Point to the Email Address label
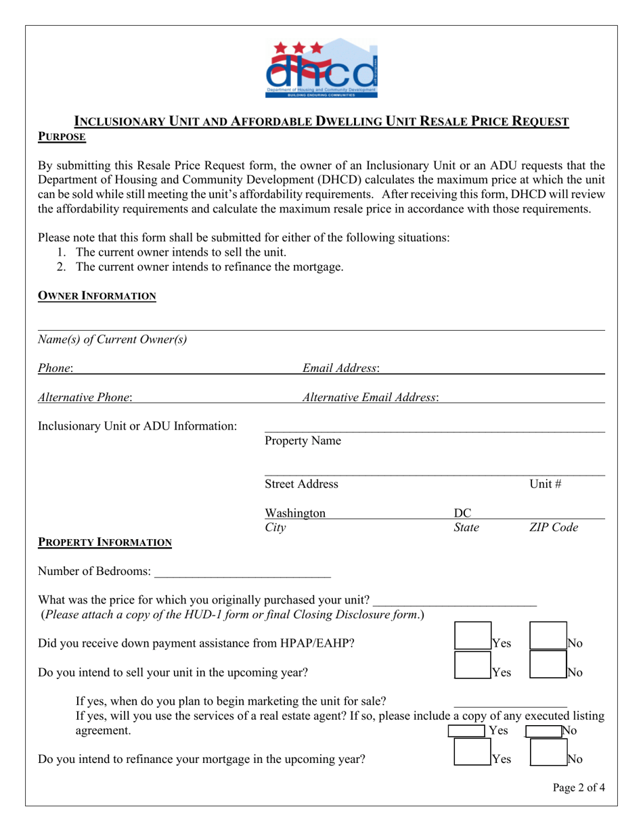click(x=340, y=368)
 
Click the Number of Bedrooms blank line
click(x=242, y=572)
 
